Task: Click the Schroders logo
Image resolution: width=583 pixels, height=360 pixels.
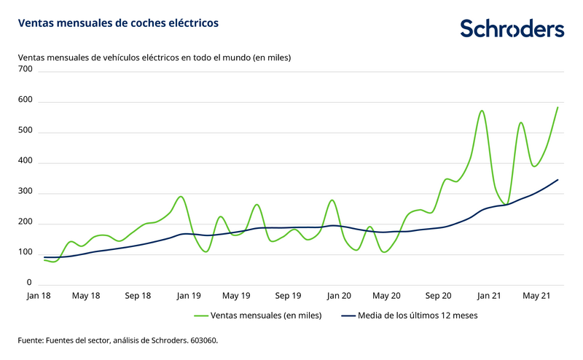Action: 512,29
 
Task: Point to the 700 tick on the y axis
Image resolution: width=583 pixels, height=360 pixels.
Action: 26,69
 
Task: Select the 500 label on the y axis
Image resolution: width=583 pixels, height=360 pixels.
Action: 26,131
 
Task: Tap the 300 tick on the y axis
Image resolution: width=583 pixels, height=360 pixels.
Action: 26,192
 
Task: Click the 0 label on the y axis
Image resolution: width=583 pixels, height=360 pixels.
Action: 30,283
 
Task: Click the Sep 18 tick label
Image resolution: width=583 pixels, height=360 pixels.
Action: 137,296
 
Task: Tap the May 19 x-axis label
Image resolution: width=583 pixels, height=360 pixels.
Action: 236,296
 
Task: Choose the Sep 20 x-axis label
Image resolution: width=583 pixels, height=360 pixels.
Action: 438,296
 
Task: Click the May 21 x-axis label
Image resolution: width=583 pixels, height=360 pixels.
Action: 536,296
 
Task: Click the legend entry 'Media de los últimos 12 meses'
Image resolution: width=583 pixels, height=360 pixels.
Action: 416,316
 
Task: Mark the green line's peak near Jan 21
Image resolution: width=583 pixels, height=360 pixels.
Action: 482,111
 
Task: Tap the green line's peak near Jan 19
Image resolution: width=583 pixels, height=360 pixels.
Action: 181,197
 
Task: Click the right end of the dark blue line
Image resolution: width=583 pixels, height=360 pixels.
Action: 558,179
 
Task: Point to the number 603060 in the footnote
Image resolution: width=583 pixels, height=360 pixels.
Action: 202,340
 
